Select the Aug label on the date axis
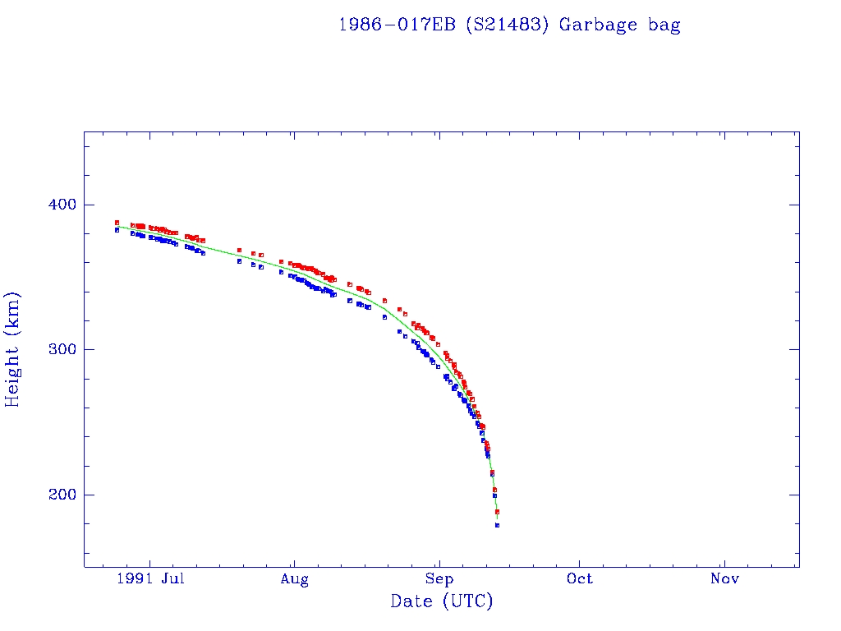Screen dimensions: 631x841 click(294, 579)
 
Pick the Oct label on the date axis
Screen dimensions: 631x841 click(580, 579)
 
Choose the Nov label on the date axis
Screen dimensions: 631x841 click(724, 579)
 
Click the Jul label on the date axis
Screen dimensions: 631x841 click(172, 579)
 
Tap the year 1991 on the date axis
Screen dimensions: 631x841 click(134, 579)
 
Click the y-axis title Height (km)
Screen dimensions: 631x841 click(13, 349)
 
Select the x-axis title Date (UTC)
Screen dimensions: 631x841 click(442, 602)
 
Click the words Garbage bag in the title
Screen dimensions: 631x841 click(619, 25)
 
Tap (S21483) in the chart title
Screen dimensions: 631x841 click(508, 25)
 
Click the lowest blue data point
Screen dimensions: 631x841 click(497, 525)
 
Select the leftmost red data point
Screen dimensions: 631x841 click(117, 222)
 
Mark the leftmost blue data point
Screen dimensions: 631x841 click(117, 230)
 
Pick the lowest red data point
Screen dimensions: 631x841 click(497, 512)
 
